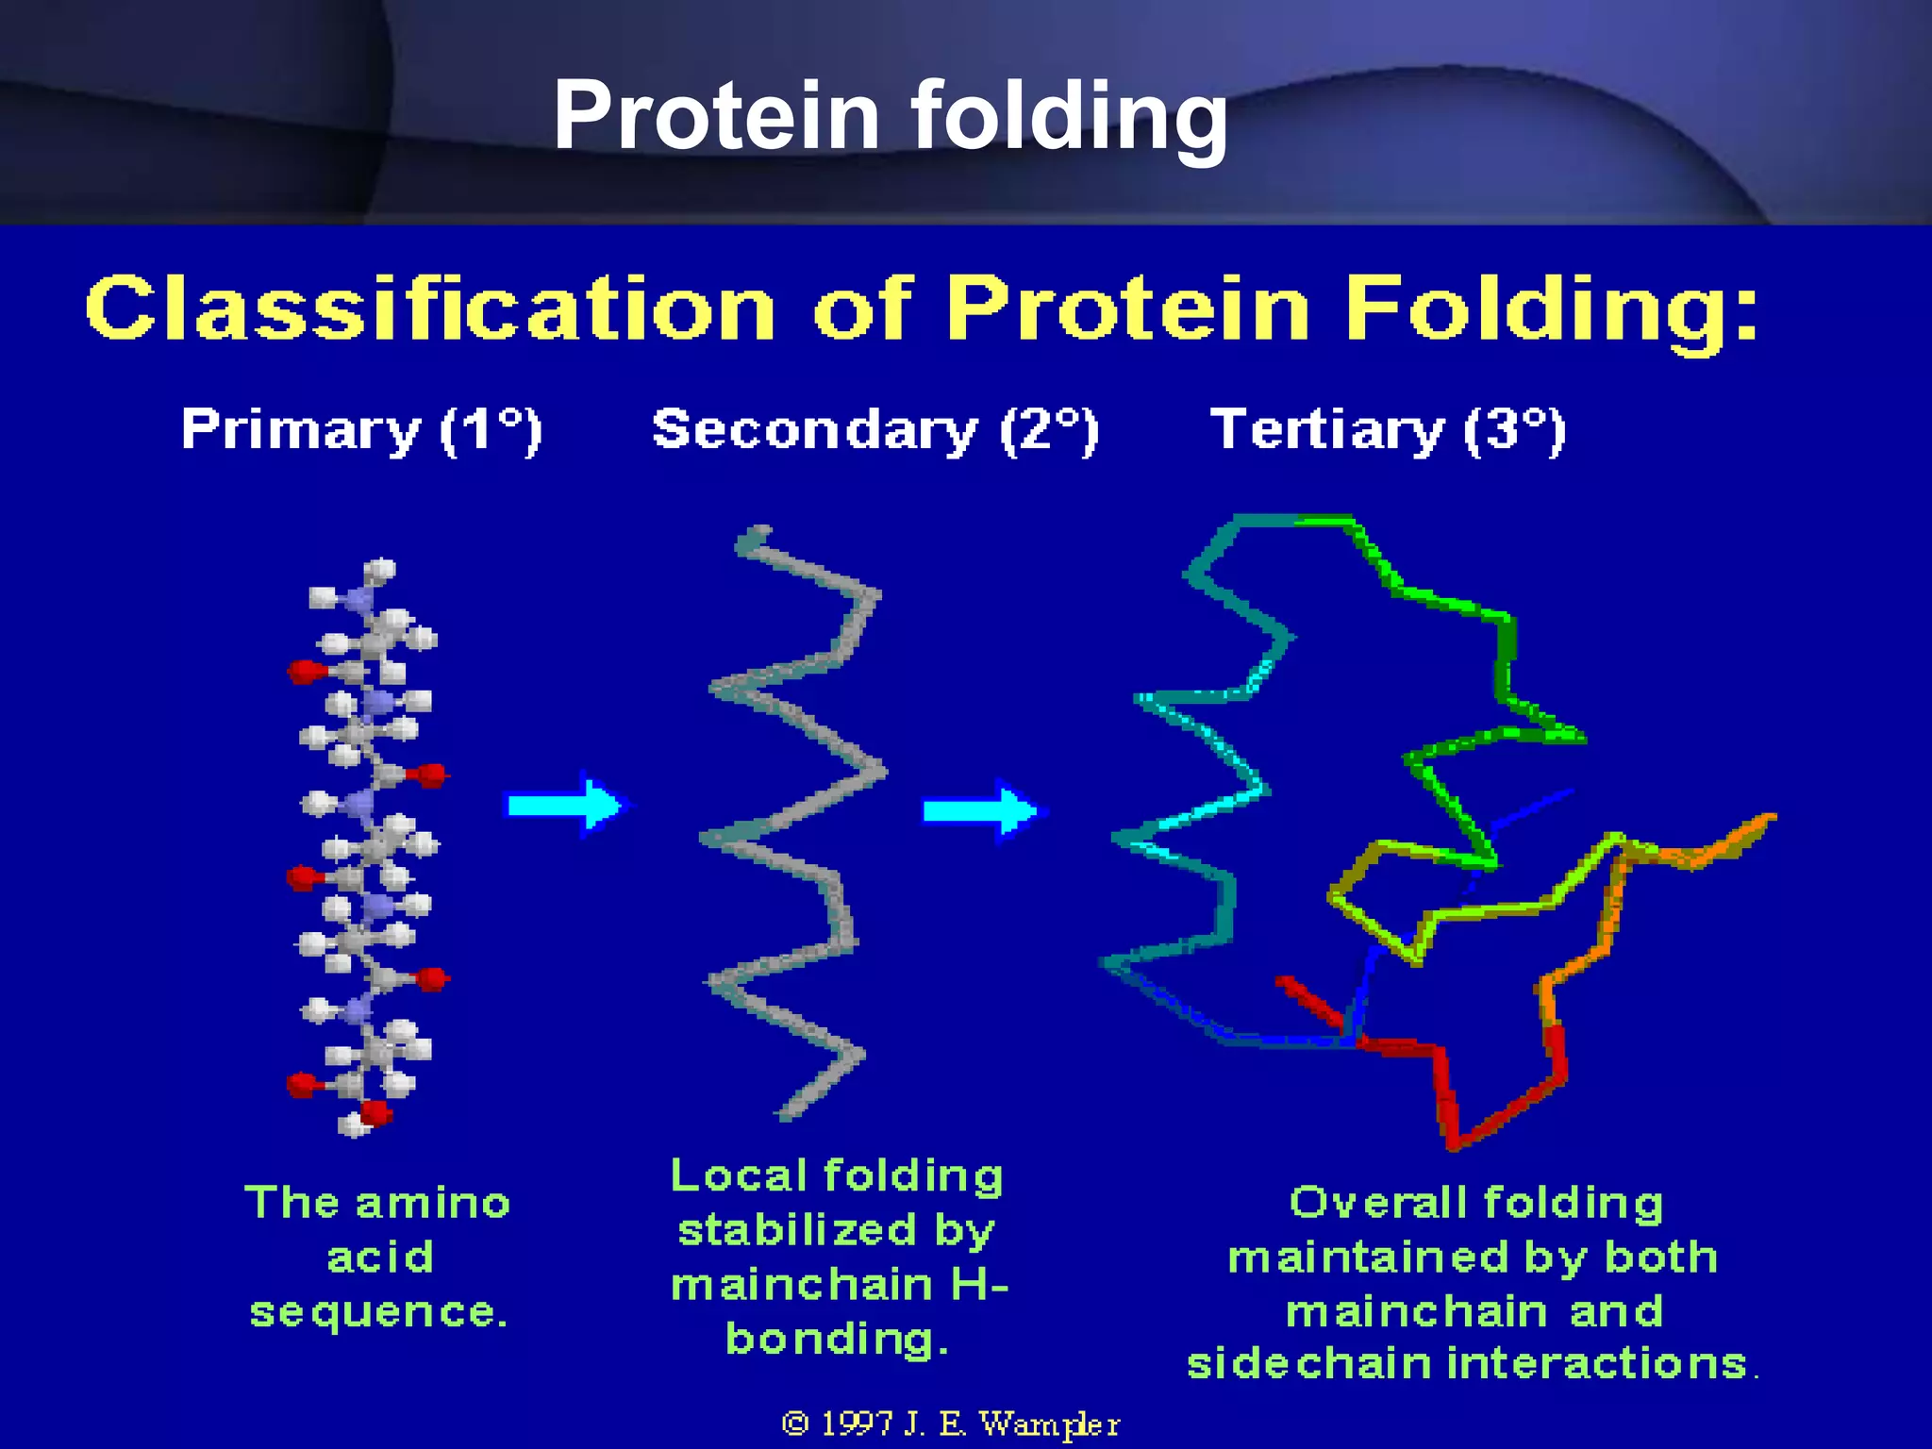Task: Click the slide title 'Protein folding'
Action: (x=890, y=115)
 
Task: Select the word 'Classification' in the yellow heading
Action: (x=429, y=308)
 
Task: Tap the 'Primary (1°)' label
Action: (x=361, y=430)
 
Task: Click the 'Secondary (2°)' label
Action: (x=875, y=430)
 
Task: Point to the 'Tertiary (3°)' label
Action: (x=1388, y=430)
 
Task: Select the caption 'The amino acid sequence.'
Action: (x=377, y=1257)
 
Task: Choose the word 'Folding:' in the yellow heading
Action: (x=1551, y=308)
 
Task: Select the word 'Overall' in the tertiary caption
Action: (x=1378, y=1203)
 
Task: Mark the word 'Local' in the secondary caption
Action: (x=739, y=1175)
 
